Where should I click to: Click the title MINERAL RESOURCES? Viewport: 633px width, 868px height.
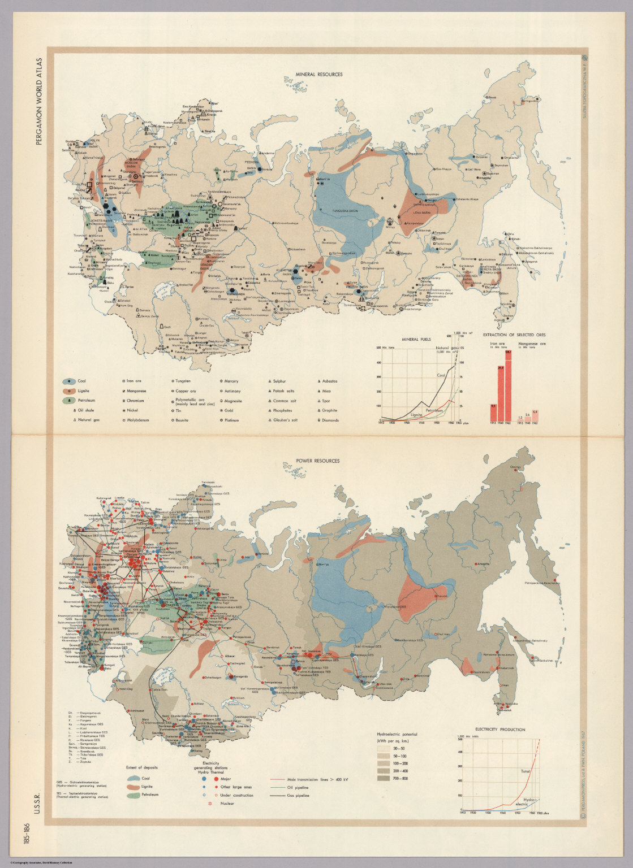(x=318, y=74)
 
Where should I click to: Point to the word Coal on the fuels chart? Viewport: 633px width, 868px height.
(x=441, y=375)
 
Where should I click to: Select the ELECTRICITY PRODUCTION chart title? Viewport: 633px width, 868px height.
(x=500, y=730)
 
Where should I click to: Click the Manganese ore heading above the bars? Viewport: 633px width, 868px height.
(x=532, y=343)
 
